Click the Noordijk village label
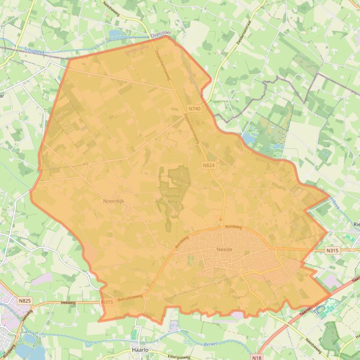pyautogui.click(x=113, y=201)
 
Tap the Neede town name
pyautogui.click(x=224, y=250)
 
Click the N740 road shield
pyautogui.click(x=194, y=108)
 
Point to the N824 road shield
pyautogui.click(x=209, y=166)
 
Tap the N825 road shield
pyautogui.click(x=25, y=300)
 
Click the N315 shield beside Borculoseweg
pyautogui.click(x=107, y=302)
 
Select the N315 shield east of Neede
pyautogui.click(x=332, y=251)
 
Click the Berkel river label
pyautogui.click(x=211, y=344)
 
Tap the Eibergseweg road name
pyautogui.click(x=179, y=356)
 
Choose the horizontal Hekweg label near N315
pyautogui.click(x=68, y=302)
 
